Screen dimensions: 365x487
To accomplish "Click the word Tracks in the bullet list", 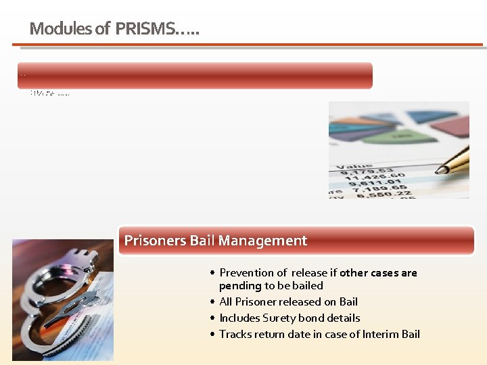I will tap(235, 334).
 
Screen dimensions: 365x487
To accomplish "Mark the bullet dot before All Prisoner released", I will tap(212, 302).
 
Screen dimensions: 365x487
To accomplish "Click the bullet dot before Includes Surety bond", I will tap(212, 318).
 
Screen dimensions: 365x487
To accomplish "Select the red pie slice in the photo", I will tap(450, 125).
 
